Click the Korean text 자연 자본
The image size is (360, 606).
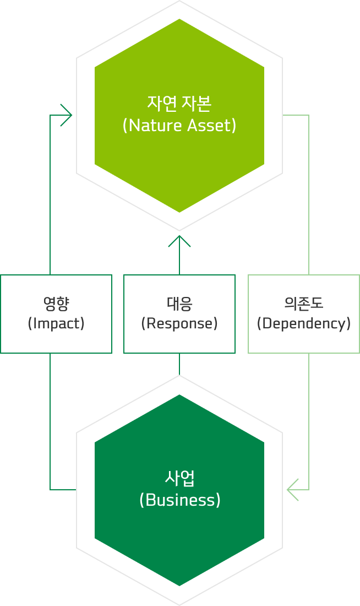click(179, 103)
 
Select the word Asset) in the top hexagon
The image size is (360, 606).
click(212, 126)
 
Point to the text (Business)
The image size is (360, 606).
click(179, 500)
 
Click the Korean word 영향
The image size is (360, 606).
click(56, 302)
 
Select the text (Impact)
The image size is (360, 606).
click(56, 323)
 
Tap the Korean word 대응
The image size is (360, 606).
click(179, 302)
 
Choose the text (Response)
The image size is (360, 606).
click(179, 323)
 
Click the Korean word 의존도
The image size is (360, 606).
click(304, 302)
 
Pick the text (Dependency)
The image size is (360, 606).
click(304, 323)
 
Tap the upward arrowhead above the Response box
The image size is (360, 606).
click(179, 241)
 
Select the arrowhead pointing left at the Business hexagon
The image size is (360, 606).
click(292, 490)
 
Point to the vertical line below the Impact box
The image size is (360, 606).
click(50, 419)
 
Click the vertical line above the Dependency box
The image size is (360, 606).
click(309, 193)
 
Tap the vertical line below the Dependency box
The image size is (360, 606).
click(309, 419)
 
